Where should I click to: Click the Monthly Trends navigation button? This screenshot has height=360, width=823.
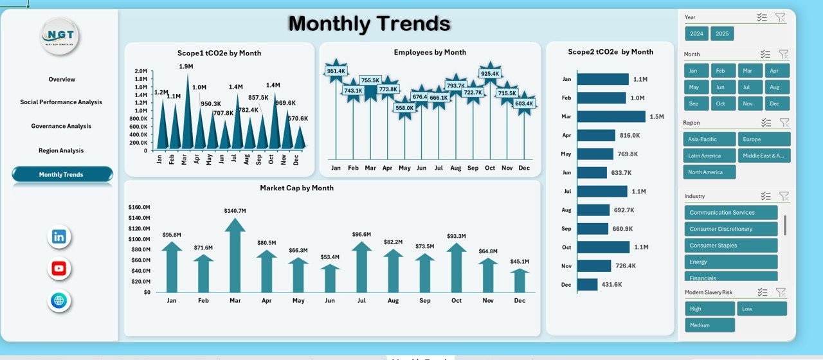[62, 174]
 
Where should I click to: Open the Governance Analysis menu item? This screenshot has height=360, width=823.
[61, 126]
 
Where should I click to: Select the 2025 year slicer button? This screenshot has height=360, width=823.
[722, 33]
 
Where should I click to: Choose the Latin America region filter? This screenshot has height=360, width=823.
[709, 156]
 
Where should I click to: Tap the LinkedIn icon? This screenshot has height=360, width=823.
[59, 237]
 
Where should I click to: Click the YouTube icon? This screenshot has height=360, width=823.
[59, 269]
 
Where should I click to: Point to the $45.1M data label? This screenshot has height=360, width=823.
[520, 261]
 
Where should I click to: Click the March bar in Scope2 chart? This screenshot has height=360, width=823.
[611, 116]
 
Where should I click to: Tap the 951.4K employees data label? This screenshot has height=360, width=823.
[336, 71]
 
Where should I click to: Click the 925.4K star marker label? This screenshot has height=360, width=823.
[490, 74]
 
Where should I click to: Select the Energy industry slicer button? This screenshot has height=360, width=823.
[730, 262]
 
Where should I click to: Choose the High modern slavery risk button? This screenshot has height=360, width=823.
[709, 309]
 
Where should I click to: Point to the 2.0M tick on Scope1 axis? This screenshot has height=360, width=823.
[141, 71]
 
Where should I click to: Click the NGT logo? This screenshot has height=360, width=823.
[60, 35]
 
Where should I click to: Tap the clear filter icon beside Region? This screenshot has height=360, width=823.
[783, 122]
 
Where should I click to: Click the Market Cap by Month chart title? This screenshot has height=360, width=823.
[296, 188]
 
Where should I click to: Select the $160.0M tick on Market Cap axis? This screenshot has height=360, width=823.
[140, 208]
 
